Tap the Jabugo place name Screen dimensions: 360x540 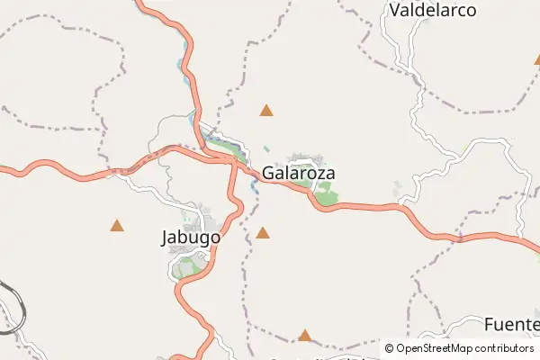(190, 238)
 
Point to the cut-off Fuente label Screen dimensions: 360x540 (511, 324)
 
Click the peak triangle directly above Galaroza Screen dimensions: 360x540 (266, 111)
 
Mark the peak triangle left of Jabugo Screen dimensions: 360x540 (117, 225)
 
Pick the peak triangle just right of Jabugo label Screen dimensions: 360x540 (263, 233)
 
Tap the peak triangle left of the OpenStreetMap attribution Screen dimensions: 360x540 (304, 336)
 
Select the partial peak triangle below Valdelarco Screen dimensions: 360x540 (536, 59)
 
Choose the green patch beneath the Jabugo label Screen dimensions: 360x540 (188, 265)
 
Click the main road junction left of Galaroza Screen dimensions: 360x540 (232, 161)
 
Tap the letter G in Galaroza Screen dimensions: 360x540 (269, 173)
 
